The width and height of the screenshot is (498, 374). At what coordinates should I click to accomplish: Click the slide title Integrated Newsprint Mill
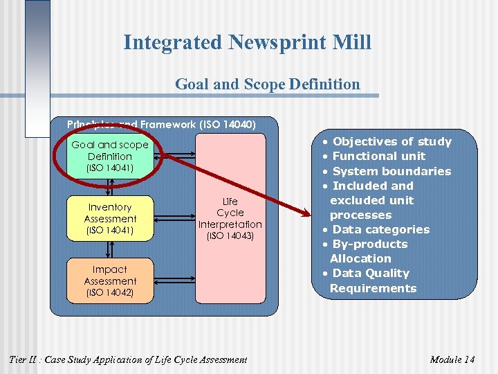pos(247,42)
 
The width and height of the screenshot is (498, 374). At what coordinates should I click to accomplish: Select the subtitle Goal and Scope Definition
pos(267,84)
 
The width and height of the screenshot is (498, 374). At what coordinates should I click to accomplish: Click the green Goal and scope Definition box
pos(110,156)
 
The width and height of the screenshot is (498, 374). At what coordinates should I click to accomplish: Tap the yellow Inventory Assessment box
pos(110,218)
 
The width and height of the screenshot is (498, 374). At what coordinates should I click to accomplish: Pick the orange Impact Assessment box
pos(110,280)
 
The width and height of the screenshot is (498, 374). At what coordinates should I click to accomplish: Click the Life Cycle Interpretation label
pos(230,213)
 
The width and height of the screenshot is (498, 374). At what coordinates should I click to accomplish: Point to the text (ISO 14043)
pos(230,236)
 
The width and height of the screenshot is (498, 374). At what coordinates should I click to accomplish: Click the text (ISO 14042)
pos(110,293)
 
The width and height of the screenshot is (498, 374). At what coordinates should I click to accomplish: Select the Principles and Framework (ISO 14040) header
pos(161,125)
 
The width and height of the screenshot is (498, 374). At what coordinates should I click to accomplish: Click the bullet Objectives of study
pos(391,142)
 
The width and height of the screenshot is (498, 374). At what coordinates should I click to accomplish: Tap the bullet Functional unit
pos(379,157)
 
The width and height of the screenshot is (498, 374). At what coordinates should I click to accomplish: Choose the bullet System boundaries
pos(391,171)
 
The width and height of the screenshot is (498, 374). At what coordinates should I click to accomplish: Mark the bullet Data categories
pos(380,229)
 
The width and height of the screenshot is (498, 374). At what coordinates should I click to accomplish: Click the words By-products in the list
pos(370,244)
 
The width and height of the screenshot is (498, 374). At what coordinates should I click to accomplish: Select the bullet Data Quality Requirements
pos(373,280)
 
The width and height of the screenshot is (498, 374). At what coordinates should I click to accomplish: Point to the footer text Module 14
pos(452,359)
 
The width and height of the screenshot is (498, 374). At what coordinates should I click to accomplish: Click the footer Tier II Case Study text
pos(127,359)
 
